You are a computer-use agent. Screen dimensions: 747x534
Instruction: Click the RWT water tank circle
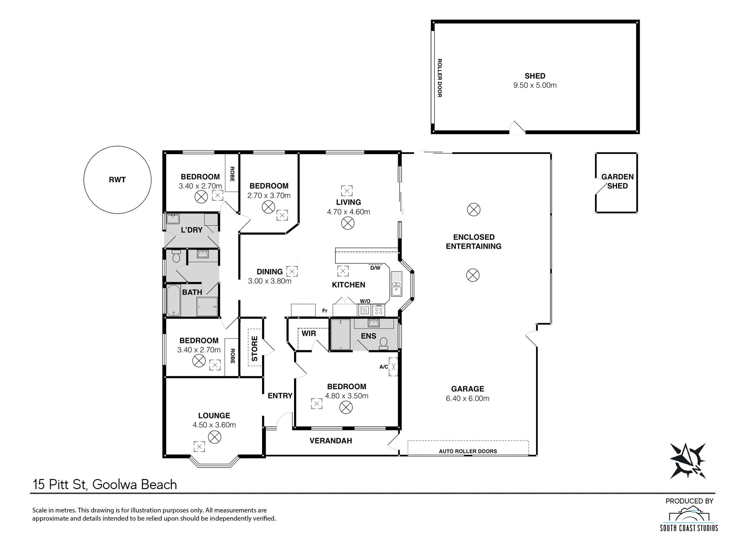[x=117, y=146]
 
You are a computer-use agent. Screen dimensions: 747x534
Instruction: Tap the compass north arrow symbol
[x=688, y=460]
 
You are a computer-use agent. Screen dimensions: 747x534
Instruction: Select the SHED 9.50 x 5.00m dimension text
[x=535, y=85]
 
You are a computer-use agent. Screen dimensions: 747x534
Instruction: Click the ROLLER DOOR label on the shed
[x=440, y=78]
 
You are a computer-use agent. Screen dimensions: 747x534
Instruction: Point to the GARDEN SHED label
[x=618, y=181]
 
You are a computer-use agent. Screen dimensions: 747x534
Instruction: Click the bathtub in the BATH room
[x=174, y=300]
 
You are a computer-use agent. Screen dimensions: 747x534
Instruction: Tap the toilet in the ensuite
[x=383, y=343]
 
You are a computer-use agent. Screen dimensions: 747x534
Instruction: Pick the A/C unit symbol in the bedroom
[x=394, y=367]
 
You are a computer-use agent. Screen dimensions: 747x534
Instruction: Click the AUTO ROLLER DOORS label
[x=468, y=451]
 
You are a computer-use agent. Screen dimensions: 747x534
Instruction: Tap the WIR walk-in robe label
[x=309, y=333]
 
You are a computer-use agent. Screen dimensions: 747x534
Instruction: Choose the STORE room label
[x=255, y=349]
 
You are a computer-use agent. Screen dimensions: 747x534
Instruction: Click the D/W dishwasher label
[x=375, y=268]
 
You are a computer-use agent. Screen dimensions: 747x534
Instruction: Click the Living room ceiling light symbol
[x=348, y=224]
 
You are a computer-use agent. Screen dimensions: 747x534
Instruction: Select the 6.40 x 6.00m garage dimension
[x=467, y=399]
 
